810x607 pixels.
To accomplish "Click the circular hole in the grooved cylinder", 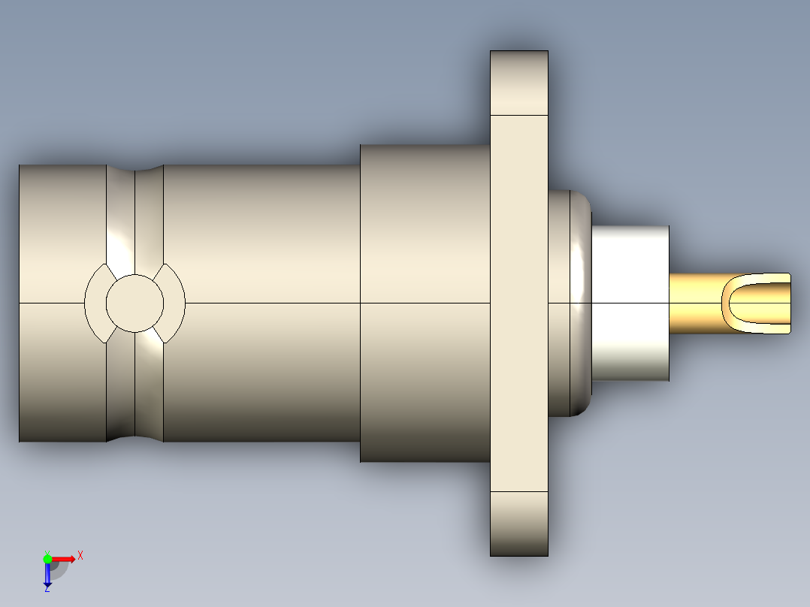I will [x=134, y=303].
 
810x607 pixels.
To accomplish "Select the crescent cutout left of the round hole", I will [x=94, y=303].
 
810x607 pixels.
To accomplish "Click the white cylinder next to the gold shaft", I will [x=631, y=303].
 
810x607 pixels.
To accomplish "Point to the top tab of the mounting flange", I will [x=519, y=83].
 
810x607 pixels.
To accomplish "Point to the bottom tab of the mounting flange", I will [x=519, y=524].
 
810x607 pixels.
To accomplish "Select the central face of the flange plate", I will [x=519, y=303].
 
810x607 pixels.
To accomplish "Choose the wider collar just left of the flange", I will [x=425, y=225].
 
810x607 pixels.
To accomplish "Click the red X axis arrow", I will [x=64, y=558].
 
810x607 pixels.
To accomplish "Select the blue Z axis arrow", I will [x=47, y=574].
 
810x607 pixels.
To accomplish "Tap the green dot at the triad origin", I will [x=47, y=558].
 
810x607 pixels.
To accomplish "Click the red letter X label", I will [x=80, y=555].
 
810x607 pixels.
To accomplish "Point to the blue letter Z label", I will [x=47, y=589].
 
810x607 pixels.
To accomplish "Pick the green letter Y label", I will [x=47, y=551].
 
